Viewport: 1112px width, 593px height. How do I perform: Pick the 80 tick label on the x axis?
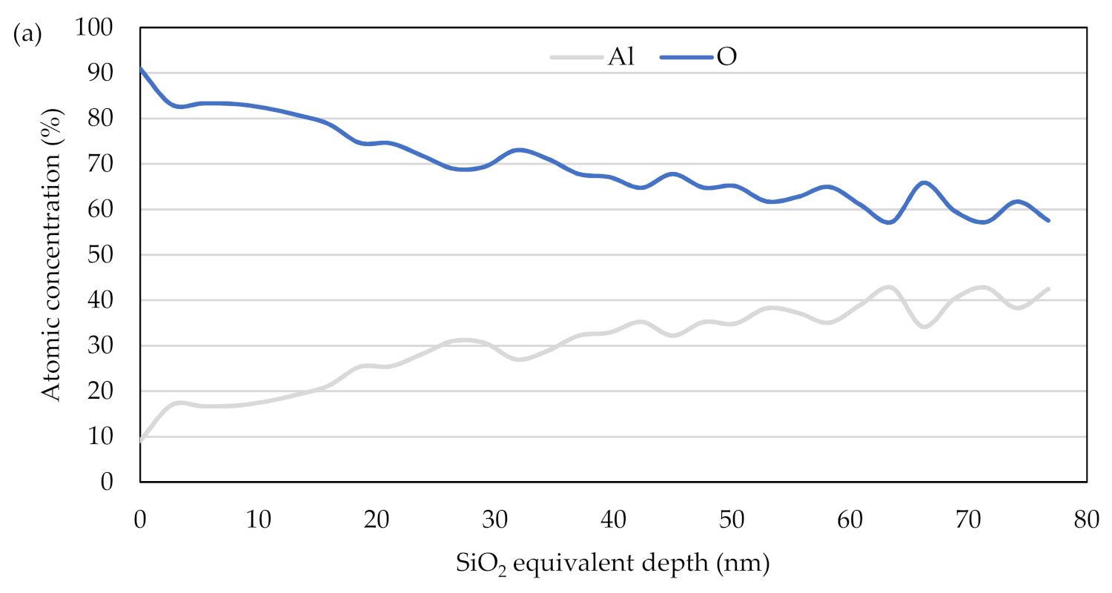[1086, 517]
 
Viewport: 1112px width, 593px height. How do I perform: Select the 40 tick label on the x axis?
[613, 517]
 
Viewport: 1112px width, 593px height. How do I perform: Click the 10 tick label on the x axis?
[258, 517]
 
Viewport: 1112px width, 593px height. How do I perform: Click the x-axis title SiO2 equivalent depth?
[613, 565]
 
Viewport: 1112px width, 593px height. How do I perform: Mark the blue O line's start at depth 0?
[140, 68]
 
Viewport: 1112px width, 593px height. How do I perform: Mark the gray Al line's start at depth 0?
[140, 440]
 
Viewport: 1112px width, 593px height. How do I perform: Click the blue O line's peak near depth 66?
[923, 182]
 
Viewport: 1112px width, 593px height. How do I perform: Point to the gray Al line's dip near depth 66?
[923, 326]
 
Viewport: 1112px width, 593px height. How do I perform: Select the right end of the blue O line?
[1049, 220]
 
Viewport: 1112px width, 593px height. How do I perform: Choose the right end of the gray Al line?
[1049, 289]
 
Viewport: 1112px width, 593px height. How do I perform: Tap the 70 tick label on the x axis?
[968, 517]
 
